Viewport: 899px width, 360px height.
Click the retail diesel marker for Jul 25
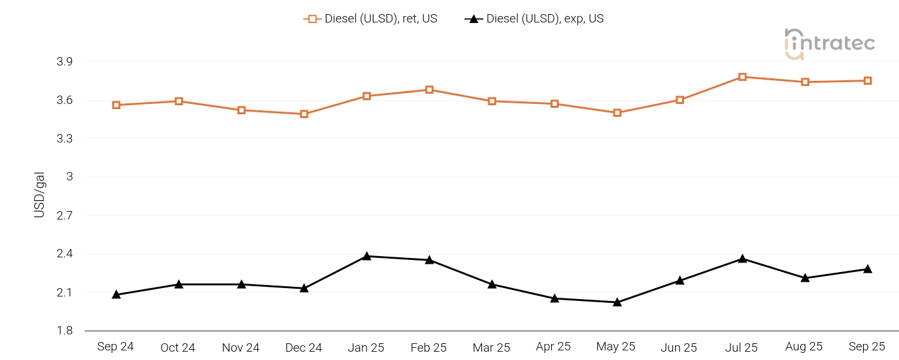point(742,77)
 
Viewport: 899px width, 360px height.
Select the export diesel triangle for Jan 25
point(366,256)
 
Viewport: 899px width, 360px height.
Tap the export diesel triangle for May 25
point(617,302)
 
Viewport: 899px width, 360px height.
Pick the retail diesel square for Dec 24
point(304,114)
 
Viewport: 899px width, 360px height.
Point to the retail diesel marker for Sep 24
point(116,105)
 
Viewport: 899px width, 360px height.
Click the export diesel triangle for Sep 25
point(868,269)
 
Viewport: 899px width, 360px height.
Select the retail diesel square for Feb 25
point(429,90)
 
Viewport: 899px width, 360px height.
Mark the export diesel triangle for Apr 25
point(554,298)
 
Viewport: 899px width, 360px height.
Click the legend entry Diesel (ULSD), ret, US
point(370,19)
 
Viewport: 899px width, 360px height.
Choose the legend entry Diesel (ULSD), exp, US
point(534,19)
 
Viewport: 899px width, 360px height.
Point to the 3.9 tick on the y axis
point(65,62)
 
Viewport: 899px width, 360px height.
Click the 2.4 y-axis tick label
point(65,254)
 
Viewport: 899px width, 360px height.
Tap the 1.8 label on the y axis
point(65,331)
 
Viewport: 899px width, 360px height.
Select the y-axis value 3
point(69,177)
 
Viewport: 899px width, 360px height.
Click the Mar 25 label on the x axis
point(492,347)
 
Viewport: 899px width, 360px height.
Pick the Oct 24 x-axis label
point(178,347)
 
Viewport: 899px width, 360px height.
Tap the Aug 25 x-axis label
point(804,347)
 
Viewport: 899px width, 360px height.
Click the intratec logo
point(829,44)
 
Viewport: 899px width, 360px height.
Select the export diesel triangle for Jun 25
point(680,280)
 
